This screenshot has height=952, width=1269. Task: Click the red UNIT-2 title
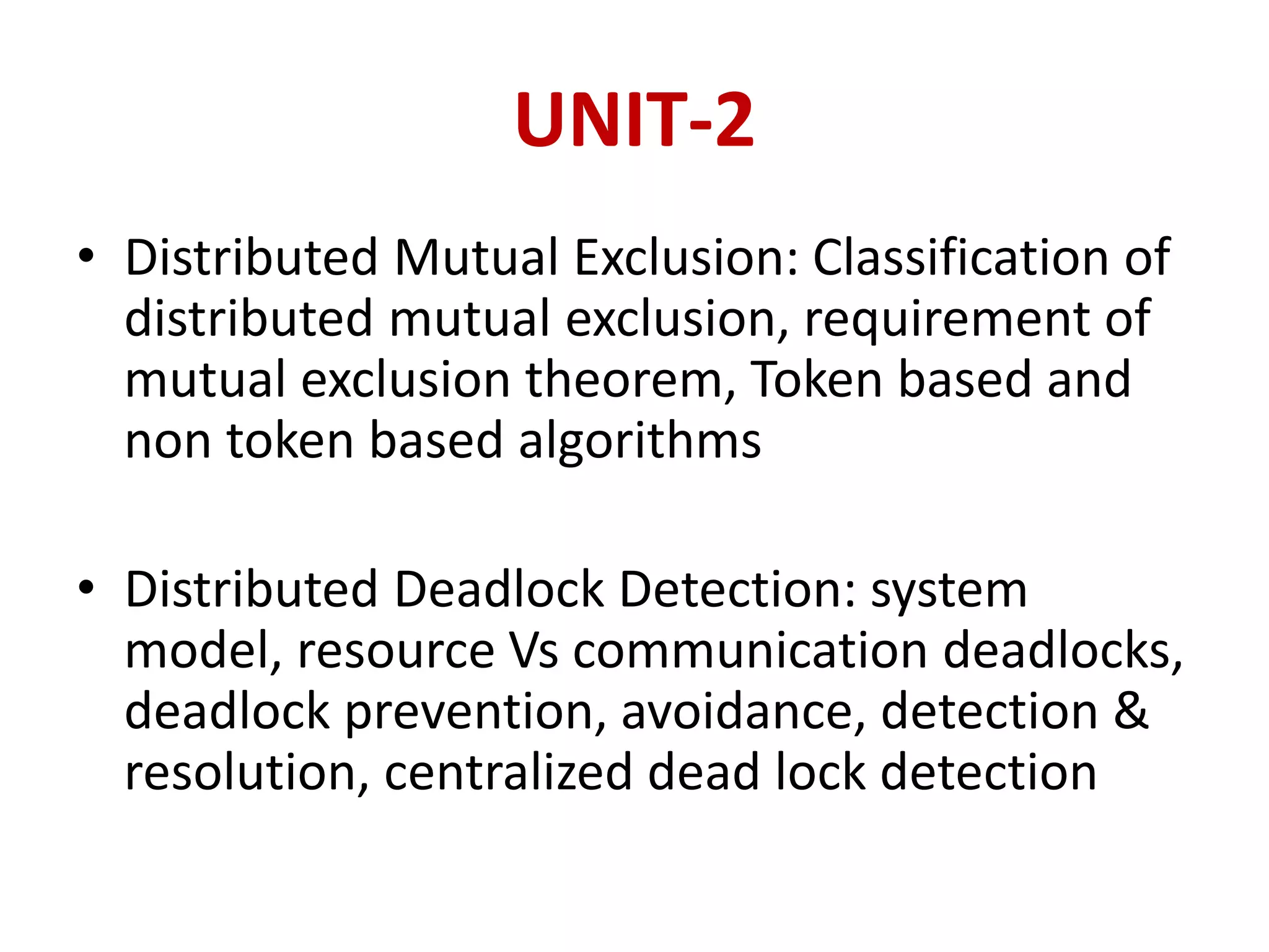click(634, 119)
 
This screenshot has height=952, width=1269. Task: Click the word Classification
click(959, 257)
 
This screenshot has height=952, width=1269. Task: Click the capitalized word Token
click(815, 379)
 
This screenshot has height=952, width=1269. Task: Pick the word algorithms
click(639, 441)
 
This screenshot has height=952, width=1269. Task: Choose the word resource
click(396, 651)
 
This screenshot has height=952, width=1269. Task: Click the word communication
click(750, 651)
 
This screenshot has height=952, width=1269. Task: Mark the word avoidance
click(742, 712)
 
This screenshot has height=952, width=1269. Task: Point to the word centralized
click(508, 772)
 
